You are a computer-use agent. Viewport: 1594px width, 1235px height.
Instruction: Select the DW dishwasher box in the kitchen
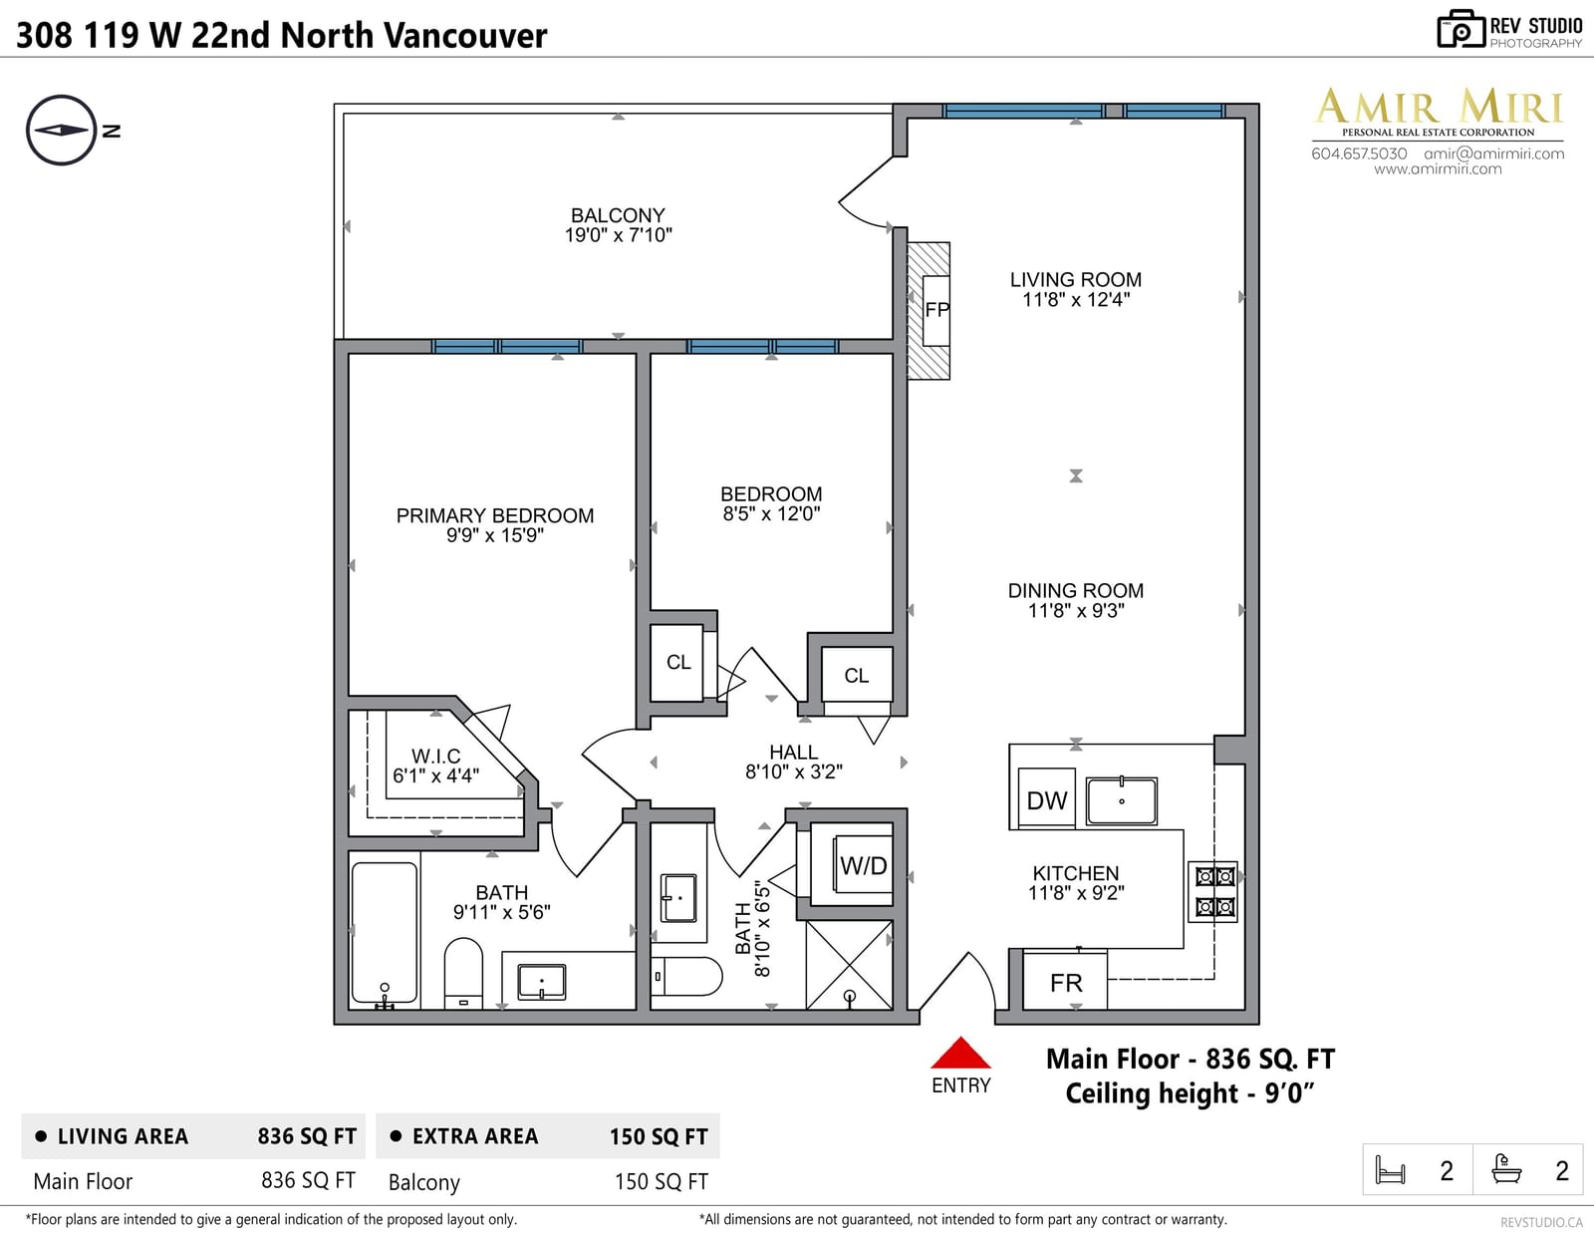point(1047,798)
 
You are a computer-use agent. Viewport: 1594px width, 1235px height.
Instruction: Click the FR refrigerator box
point(1065,982)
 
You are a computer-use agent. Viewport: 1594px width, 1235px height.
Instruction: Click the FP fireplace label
point(936,310)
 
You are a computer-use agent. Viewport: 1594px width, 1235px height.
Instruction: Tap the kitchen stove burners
point(1214,891)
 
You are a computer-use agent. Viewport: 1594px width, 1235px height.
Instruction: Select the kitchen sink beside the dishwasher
point(1121,800)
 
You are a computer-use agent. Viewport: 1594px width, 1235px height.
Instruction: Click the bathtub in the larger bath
point(385,933)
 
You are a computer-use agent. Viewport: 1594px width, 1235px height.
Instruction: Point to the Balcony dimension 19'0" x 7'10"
point(619,235)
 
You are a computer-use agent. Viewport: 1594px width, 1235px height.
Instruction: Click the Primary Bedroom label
point(495,515)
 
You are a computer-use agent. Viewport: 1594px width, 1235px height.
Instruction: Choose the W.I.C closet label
point(435,756)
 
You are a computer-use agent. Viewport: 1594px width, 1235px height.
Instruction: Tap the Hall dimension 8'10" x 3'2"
point(794,772)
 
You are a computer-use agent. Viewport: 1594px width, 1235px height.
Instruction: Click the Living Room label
point(1075,279)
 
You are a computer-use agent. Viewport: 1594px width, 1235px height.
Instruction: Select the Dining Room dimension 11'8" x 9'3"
point(1075,611)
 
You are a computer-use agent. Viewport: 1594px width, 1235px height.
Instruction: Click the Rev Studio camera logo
point(1461,29)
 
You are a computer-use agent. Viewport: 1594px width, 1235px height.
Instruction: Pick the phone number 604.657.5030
point(1359,154)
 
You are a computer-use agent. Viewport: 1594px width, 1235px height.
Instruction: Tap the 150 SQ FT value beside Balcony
point(661,1181)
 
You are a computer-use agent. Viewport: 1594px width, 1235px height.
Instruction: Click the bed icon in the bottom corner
point(1390,1169)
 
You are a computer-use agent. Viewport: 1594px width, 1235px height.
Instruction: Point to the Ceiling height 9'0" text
point(1190,1093)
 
